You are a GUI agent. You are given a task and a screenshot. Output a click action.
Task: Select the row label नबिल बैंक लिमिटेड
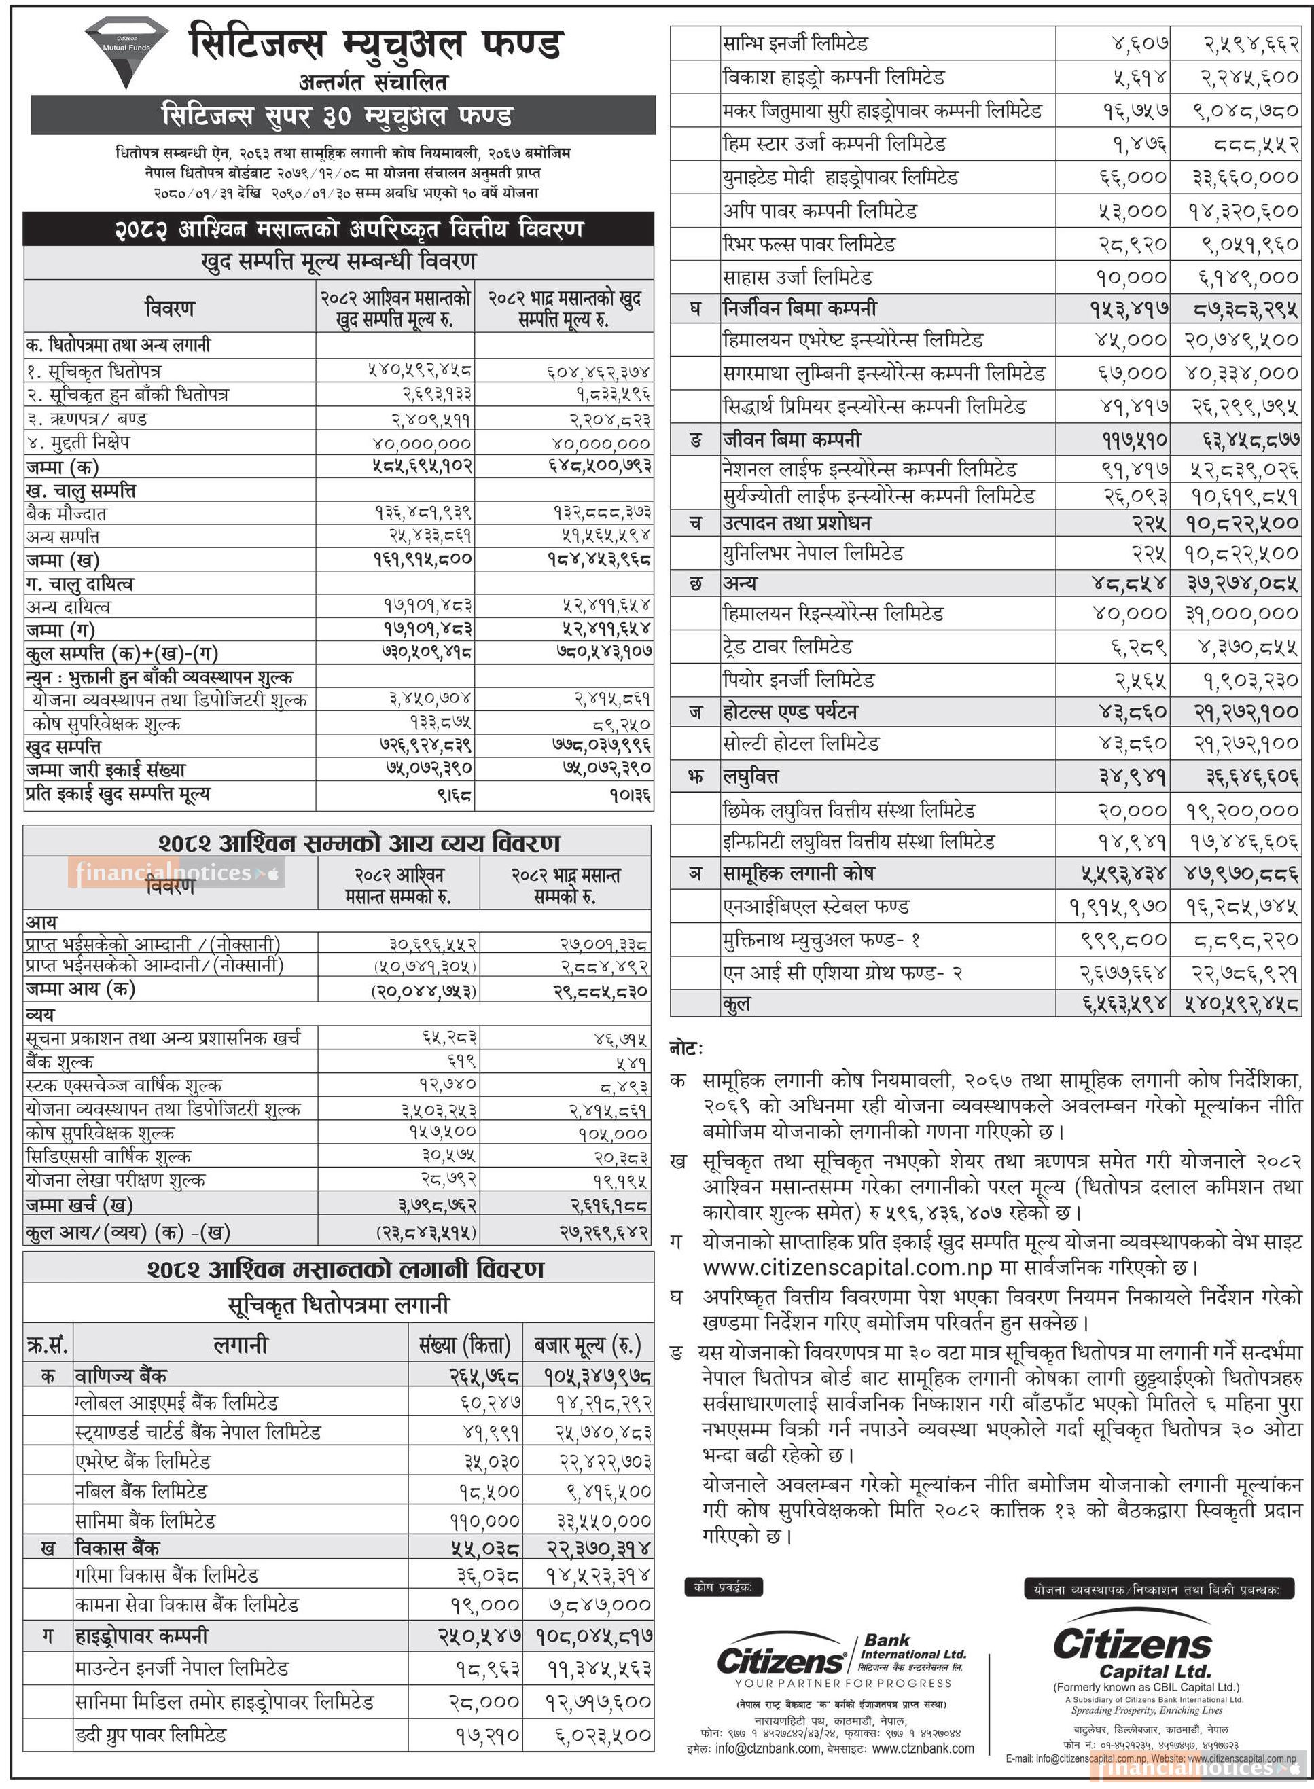coord(141,1491)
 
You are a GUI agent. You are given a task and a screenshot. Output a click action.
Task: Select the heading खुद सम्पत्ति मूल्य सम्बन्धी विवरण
coord(339,261)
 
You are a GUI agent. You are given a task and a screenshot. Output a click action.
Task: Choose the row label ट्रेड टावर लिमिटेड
coord(787,647)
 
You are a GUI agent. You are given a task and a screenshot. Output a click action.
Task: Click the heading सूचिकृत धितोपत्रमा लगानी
coord(339,1305)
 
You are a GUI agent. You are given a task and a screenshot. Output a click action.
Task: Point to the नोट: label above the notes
coord(686,1049)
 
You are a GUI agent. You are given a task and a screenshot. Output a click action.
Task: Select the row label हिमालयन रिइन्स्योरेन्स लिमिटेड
coord(832,613)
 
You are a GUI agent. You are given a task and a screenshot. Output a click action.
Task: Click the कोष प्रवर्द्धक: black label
coord(723,1587)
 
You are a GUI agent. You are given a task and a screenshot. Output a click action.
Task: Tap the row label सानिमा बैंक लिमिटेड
coord(145,1520)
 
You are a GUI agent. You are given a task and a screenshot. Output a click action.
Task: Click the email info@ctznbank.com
coord(768,1748)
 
